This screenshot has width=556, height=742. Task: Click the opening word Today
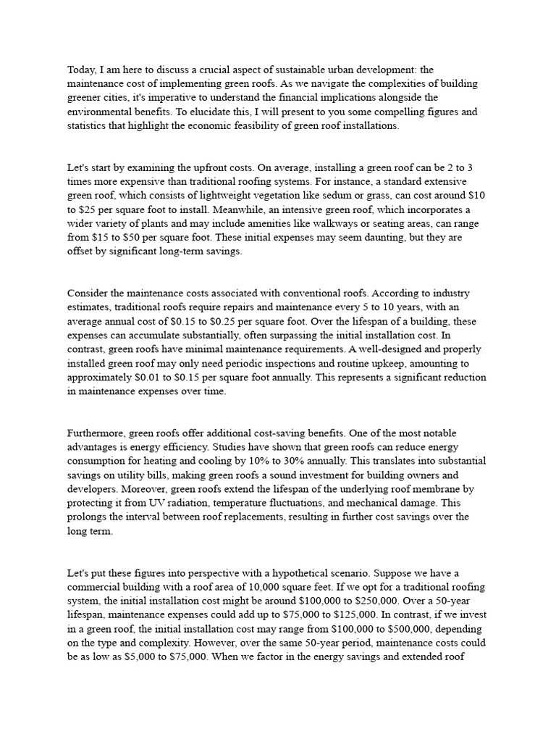point(81,70)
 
